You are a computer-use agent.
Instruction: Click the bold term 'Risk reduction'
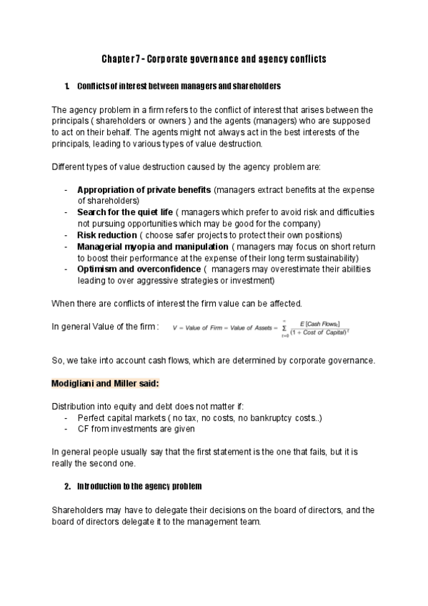106,235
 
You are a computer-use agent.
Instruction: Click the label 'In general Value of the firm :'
105,327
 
